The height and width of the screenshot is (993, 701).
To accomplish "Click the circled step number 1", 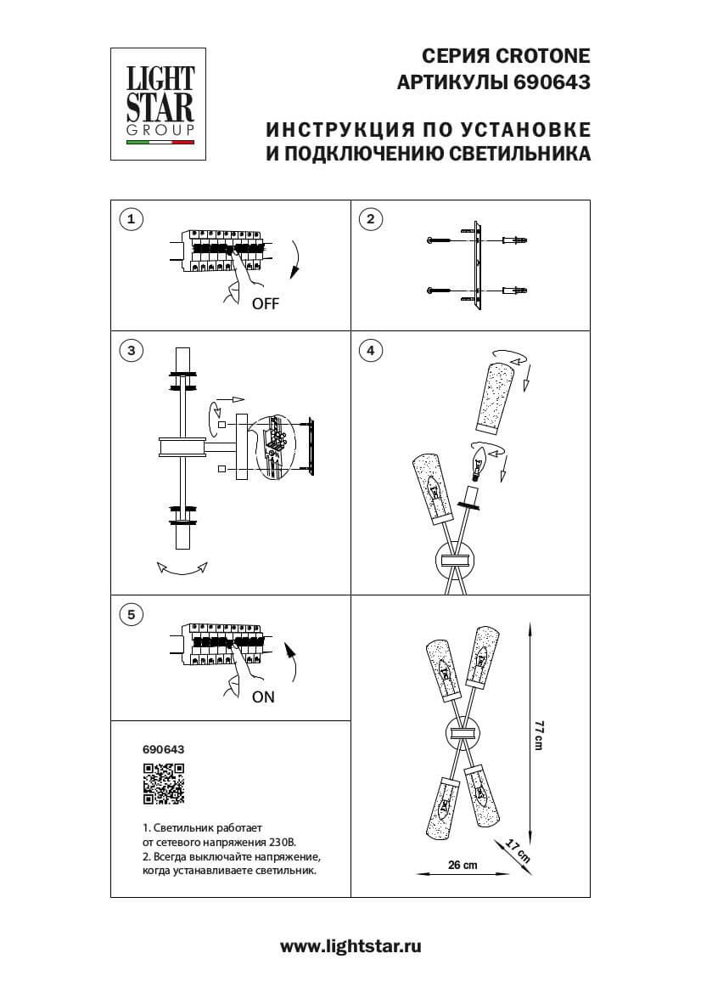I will tap(130, 219).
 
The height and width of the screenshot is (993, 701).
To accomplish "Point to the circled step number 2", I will tap(370, 219).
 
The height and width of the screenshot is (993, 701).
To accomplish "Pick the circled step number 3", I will tap(130, 350).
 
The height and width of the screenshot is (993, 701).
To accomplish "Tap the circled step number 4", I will tap(370, 350).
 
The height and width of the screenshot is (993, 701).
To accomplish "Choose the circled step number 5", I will tap(130, 614).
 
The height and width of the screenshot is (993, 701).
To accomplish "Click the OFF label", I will tap(265, 304).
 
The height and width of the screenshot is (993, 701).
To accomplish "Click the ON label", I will tap(263, 697).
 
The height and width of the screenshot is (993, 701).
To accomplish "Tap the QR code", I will tap(163, 784).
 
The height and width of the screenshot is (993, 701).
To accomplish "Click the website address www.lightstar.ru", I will tap(350, 945).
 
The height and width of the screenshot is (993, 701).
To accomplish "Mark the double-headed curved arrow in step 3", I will tap(182, 570).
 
